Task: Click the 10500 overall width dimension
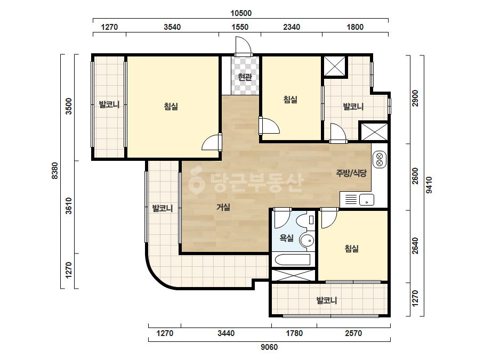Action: tap(241, 13)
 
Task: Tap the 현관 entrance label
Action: tap(245, 77)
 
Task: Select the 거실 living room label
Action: tap(223, 207)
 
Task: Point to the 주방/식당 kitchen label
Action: tap(351, 173)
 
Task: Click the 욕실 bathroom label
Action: tap(286, 238)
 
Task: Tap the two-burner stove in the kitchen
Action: tap(380, 159)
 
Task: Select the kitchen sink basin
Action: tap(367, 200)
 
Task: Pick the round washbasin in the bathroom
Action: tap(307, 241)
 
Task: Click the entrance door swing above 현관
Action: tap(244, 46)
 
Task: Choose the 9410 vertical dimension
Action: tap(429, 185)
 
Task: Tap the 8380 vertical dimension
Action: tap(55, 171)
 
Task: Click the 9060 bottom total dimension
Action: tap(269, 347)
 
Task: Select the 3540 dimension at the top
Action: tap(172, 27)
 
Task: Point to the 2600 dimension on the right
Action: tap(415, 176)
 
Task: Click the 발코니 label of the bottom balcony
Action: tap(327, 300)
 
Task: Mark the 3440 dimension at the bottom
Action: tap(226, 333)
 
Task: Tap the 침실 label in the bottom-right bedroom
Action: tap(352, 249)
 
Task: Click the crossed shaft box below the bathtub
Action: tap(293, 275)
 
